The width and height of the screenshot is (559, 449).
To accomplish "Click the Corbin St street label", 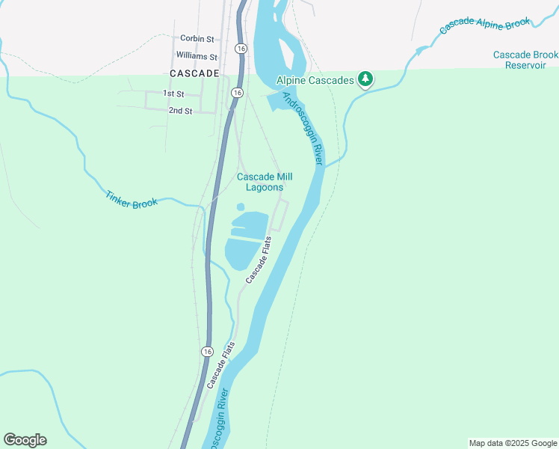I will (x=197, y=38).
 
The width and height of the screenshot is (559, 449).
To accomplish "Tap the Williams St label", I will (x=196, y=56).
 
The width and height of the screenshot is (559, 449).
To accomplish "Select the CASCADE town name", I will (x=194, y=73).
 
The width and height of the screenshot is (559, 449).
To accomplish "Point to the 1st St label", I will (x=173, y=94).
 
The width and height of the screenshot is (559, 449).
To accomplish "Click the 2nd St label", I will (x=180, y=111).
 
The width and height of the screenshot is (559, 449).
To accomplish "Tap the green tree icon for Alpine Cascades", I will (x=365, y=79).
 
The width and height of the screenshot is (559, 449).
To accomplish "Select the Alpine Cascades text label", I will (x=315, y=79).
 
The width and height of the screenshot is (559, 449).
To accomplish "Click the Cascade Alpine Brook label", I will (x=484, y=26).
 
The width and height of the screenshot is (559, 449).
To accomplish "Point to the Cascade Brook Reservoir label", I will (x=526, y=60).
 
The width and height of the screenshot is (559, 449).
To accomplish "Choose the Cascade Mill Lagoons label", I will (x=265, y=182).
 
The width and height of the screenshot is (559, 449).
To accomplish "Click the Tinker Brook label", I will (x=132, y=200).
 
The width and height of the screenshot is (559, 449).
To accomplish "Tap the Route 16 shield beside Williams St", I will (x=239, y=48).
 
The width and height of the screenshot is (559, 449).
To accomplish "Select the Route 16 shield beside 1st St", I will (x=236, y=93).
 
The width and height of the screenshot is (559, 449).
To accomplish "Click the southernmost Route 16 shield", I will (x=206, y=351).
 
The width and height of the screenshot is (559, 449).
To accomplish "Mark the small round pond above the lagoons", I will (x=241, y=207).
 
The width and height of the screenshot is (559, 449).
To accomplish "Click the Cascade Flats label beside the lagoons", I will (x=259, y=259).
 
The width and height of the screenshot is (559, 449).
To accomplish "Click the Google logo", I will (x=25, y=440).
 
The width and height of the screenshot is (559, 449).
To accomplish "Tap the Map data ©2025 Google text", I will (x=513, y=443).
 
